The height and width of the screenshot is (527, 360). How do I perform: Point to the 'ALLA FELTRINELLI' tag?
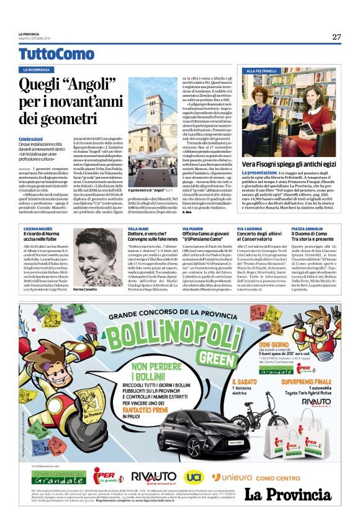263,71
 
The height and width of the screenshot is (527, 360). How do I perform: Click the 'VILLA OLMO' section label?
138,229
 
